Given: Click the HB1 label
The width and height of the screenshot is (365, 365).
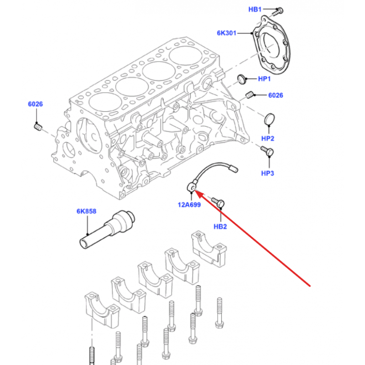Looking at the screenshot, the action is coord(255,9).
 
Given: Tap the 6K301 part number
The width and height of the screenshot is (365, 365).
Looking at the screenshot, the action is coord(226,33).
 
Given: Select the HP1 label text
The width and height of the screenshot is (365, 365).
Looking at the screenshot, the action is coord(264,79).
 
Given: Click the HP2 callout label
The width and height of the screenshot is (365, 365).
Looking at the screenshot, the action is coord(268,139).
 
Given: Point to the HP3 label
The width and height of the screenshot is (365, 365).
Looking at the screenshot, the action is coord(267,173).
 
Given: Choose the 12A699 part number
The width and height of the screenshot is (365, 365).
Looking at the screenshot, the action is coord(189,205).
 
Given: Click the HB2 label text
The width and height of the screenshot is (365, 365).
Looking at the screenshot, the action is coord(220,226).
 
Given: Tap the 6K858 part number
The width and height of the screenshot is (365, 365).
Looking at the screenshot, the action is coord(86,211).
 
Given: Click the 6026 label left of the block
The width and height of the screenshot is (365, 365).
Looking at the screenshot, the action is coord(36,104).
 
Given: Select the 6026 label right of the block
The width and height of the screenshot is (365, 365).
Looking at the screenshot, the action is coord(276,95).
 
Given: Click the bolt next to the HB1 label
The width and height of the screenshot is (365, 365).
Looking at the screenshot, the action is coord(277,12).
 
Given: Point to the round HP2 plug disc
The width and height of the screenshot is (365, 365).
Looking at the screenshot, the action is coord(270,119).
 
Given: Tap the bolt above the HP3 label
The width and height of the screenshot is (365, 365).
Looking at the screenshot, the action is coord(267,151).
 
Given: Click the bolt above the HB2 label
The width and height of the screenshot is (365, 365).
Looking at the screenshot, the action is coord(218,203).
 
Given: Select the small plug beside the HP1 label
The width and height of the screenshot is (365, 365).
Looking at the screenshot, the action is coord(242,79).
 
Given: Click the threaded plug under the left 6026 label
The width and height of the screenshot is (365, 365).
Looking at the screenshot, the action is coord(38,127).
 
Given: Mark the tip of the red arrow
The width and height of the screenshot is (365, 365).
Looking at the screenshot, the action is coord(194,190).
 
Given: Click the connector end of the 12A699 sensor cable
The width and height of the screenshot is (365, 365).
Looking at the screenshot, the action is coord(234,168).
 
